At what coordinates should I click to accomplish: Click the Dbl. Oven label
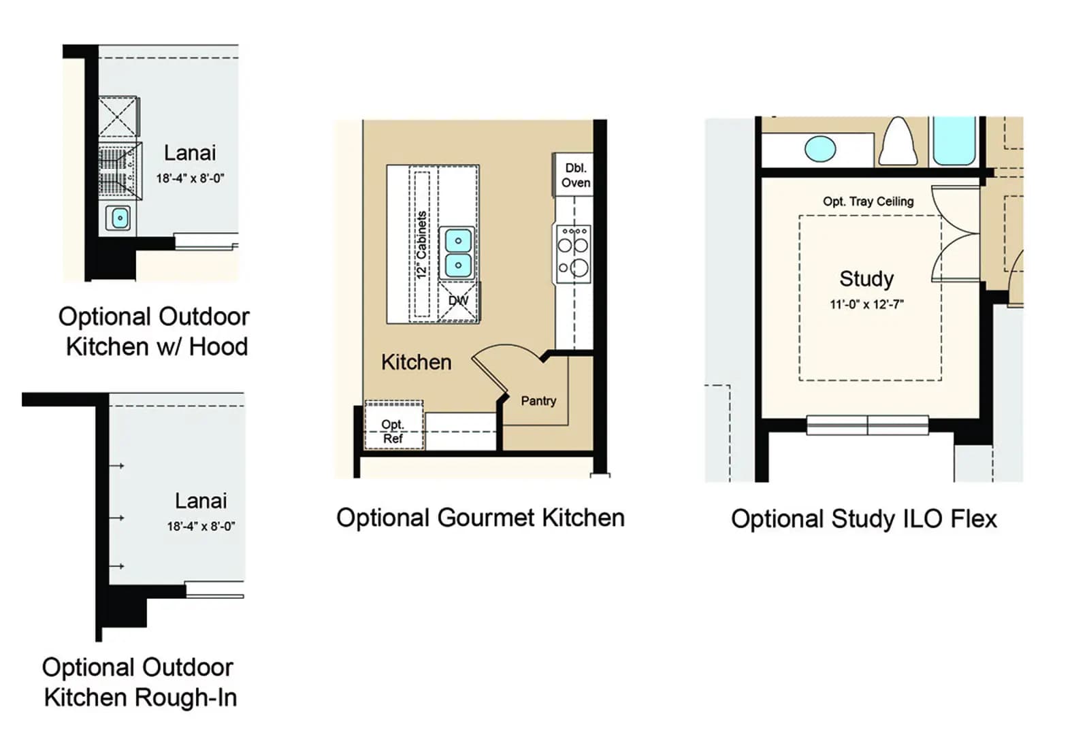pyautogui.click(x=576, y=176)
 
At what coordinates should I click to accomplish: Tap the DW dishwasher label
pyautogui.click(x=458, y=301)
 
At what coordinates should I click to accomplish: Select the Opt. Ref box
pyautogui.click(x=394, y=425)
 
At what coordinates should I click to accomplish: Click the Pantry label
pyautogui.click(x=538, y=401)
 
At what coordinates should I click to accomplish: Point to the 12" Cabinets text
pyautogui.click(x=421, y=245)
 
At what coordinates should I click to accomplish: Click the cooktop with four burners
pyautogui.click(x=574, y=255)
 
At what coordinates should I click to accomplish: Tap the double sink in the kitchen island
pyautogui.click(x=458, y=253)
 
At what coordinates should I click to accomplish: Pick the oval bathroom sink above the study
pyautogui.click(x=820, y=149)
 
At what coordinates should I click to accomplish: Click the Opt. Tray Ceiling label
pyautogui.click(x=868, y=201)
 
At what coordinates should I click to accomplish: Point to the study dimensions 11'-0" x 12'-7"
pyautogui.click(x=866, y=305)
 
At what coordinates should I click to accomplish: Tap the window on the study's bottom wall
pyautogui.click(x=867, y=425)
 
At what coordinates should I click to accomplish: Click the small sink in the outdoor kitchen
pyautogui.click(x=120, y=218)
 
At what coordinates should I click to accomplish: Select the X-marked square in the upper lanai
pyautogui.click(x=118, y=116)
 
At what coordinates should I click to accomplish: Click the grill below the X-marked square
pyautogui.click(x=120, y=171)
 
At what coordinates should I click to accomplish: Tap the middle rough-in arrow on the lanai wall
pyautogui.click(x=116, y=518)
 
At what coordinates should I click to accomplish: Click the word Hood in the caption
pyautogui.click(x=218, y=347)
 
